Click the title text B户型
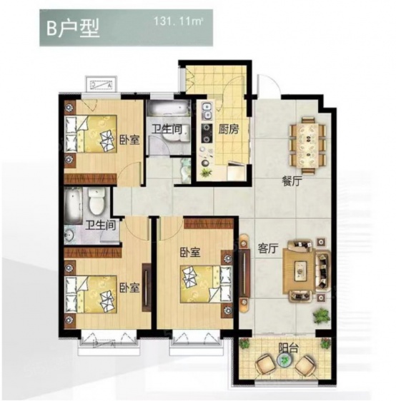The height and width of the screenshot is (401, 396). click(72, 29)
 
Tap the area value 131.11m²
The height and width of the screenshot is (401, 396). click(178, 21)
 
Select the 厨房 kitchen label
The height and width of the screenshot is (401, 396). click(229, 130)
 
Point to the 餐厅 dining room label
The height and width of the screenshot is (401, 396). click(292, 182)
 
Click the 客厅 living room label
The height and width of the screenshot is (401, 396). click(268, 248)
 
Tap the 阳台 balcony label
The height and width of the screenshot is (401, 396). click(289, 348)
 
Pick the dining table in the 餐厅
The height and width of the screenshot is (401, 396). click(307, 146)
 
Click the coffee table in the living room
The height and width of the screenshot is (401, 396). click(300, 271)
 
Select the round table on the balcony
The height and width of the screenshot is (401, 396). click(284, 360)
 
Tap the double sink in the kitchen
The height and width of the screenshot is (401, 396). click(207, 111)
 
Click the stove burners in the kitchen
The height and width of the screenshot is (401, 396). click(207, 133)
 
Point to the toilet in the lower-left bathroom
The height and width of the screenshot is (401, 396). click(96, 201)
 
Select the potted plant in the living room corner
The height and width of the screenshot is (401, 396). click(321, 316)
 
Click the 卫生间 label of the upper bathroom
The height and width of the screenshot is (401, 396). click(167, 129)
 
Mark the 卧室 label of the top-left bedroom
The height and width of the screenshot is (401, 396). click(129, 140)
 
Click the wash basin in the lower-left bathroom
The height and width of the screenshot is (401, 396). click(69, 235)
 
